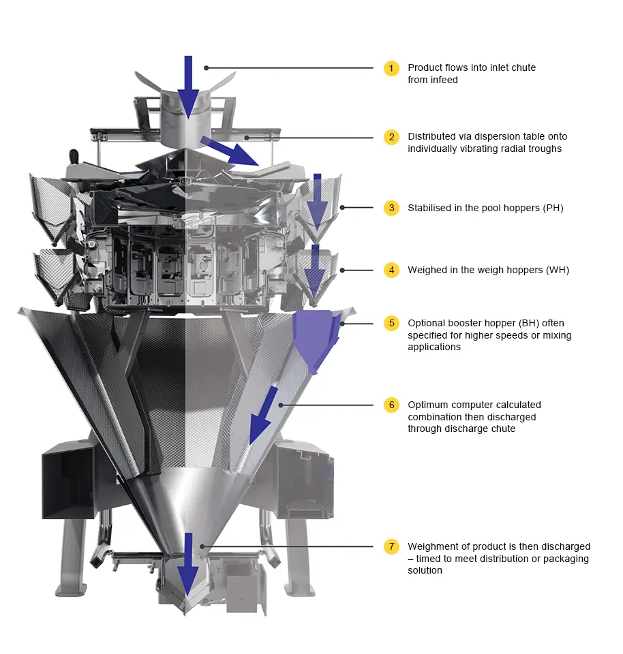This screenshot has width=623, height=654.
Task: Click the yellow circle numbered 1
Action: click(x=391, y=68)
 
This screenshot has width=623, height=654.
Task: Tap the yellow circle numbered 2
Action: click(x=391, y=137)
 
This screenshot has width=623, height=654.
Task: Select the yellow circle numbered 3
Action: click(x=391, y=208)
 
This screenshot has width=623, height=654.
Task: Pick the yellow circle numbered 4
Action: click(x=391, y=270)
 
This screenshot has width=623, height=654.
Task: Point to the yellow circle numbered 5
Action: click(x=391, y=323)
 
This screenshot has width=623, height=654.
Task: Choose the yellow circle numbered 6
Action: click(x=391, y=405)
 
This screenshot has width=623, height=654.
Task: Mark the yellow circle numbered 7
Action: click(x=391, y=546)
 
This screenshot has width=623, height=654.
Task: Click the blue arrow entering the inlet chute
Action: click(x=188, y=88)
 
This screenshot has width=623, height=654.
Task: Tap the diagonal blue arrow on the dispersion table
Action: click(x=230, y=151)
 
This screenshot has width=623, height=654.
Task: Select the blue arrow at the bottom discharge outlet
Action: click(x=188, y=564)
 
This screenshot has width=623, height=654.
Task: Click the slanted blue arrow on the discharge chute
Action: click(x=263, y=416)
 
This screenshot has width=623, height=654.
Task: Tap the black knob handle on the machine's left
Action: click(x=74, y=157)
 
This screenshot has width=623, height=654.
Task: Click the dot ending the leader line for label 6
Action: click(x=281, y=405)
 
